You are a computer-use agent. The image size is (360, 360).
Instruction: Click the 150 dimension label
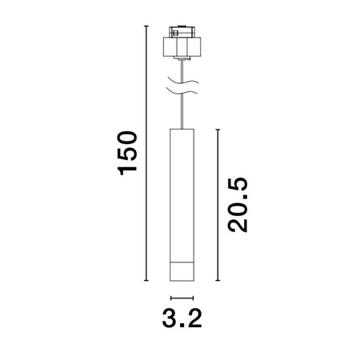coord(127,153)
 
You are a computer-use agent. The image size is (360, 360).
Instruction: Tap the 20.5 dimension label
coord(238,204)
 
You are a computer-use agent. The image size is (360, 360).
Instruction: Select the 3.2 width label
coord(182,318)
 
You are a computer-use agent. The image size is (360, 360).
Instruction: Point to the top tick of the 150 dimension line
coord(146,26)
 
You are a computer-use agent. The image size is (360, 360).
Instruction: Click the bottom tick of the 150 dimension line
coord(146,281)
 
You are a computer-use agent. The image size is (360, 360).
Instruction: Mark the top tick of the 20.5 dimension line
coord(218,130)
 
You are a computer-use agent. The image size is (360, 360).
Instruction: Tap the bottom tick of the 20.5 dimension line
coord(218,281)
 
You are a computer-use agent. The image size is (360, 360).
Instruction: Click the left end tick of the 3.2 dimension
coord(170,298)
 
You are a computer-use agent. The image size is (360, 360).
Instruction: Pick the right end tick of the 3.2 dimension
coord(193,298)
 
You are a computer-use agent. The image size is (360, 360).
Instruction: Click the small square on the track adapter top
coord(176,33)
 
